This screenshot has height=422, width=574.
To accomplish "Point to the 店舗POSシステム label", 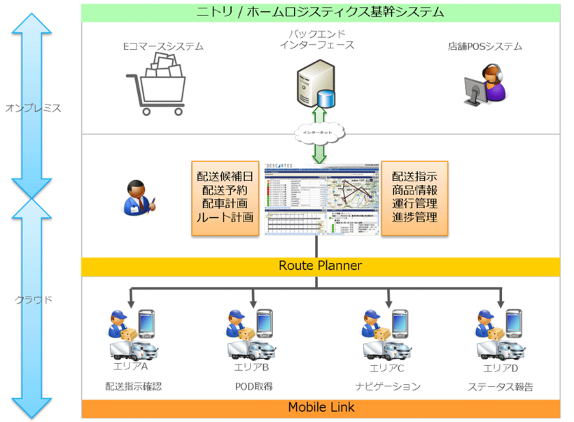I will point(485,47).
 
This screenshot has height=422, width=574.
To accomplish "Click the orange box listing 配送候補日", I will point(223,198).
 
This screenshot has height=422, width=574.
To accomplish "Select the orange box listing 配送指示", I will point(414,198).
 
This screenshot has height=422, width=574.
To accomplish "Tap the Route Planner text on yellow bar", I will point(320,266).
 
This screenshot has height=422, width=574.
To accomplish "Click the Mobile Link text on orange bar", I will point(320,407).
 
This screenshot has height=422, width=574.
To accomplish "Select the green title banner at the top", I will point(320,11).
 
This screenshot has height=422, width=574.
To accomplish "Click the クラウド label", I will point(34,299).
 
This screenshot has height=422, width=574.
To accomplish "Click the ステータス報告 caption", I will point(500,386).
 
